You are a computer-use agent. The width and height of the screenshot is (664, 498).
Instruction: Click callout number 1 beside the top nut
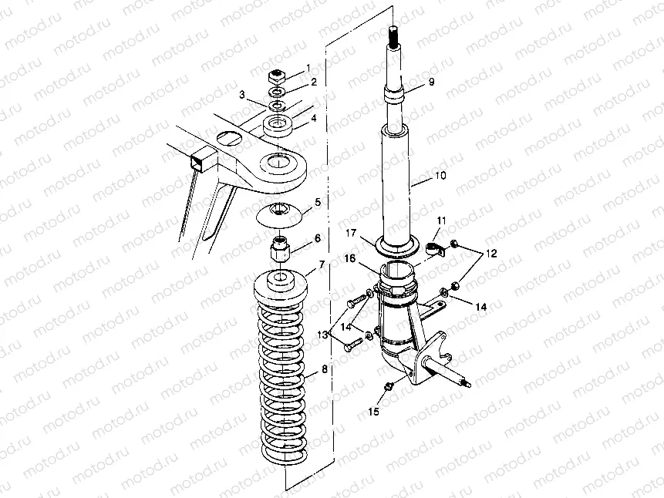click(308, 68)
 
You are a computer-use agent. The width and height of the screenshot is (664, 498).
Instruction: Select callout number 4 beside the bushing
click(314, 119)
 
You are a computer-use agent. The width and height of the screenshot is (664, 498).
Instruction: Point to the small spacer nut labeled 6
click(280, 249)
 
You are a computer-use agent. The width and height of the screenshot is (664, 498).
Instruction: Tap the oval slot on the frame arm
click(228, 138)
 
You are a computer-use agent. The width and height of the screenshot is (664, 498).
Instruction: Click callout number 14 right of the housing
click(480, 307)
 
